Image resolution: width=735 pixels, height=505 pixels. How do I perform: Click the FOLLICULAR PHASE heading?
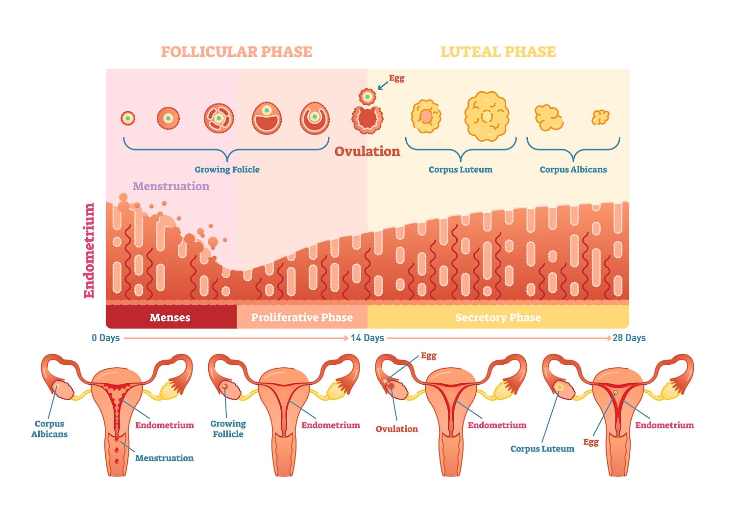(236, 52)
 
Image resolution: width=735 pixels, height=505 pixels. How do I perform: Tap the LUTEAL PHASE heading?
(498, 52)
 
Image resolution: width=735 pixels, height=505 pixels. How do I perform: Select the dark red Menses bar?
(171, 317)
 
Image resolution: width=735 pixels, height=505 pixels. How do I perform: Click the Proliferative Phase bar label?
(302, 317)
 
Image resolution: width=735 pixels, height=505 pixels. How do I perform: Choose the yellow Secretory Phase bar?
(498, 317)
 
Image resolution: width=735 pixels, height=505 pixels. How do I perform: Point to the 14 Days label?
(367, 338)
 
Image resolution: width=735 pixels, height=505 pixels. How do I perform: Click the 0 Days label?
(106, 338)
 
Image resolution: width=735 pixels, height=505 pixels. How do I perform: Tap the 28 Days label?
(629, 338)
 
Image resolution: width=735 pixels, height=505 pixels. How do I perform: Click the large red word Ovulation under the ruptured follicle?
(367, 151)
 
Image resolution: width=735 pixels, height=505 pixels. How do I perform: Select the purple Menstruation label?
(171, 186)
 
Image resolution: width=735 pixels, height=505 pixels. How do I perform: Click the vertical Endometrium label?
(89, 251)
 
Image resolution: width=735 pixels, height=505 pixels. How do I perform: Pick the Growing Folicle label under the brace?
(227, 170)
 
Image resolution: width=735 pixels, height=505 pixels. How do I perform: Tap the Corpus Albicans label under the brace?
(573, 170)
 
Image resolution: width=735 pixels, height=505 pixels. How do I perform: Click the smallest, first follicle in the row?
(127, 118)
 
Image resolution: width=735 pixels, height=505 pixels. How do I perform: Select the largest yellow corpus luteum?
(487, 116)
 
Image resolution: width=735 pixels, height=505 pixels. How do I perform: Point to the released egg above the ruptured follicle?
(367, 97)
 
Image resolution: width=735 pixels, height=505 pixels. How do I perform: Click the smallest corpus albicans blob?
(600, 117)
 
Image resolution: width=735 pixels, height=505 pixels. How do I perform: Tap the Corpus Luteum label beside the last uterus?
(542, 449)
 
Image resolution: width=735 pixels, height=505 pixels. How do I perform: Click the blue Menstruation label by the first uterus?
(164, 458)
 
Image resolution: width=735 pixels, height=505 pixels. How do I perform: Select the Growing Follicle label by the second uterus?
(228, 429)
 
